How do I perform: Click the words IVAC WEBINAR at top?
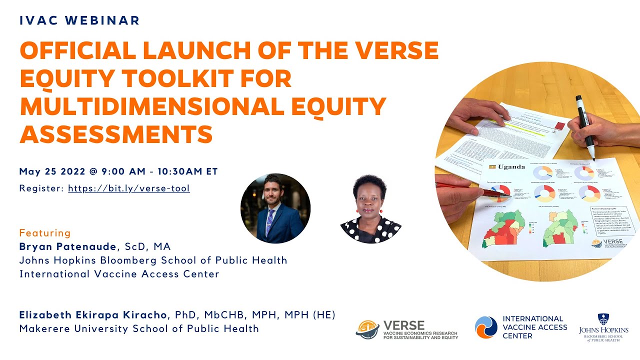79,20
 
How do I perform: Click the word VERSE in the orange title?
394,50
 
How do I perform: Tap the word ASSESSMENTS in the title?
116,134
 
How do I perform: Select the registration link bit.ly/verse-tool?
128,188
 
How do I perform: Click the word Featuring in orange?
45,233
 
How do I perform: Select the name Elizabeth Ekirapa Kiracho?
93,315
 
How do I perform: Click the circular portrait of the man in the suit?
275,208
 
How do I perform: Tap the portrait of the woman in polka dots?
370,208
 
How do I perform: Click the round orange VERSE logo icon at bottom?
367,329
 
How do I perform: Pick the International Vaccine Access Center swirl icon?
485,327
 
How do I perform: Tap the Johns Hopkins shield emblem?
603,319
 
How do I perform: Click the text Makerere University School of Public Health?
139,328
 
